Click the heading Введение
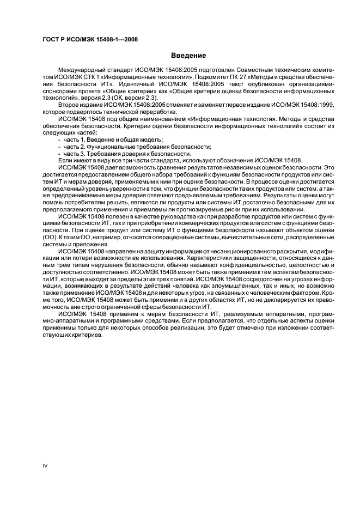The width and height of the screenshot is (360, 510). (x=188, y=56)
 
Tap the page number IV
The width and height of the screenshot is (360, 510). (x=45, y=464)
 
